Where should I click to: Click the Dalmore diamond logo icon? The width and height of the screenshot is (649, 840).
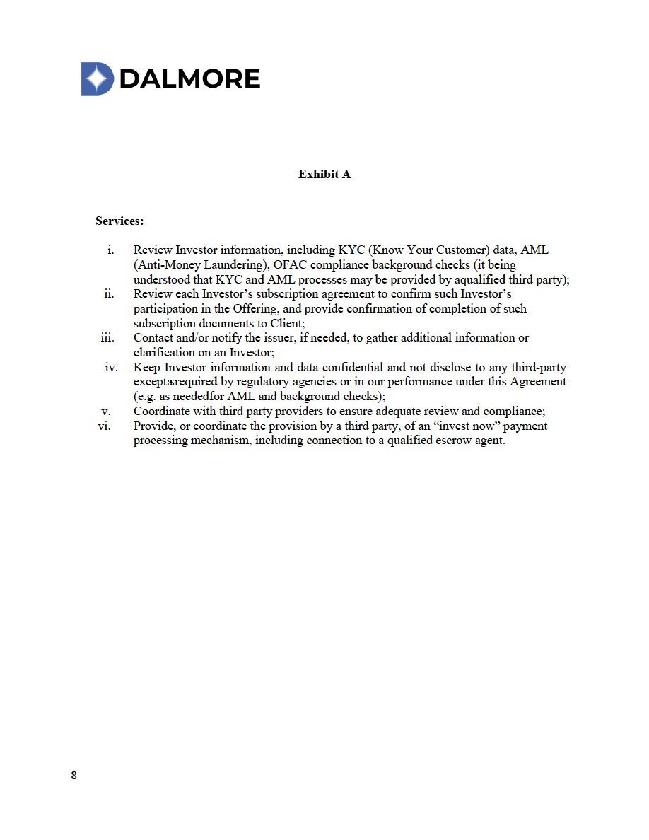[x=98, y=78]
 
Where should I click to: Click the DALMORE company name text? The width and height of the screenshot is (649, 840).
[x=189, y=78]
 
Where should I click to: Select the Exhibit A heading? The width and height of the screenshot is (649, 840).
[x=324, y=174]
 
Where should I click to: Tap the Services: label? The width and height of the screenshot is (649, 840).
[x=119, y=221]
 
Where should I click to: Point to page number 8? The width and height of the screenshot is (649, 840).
[x=74, y=776]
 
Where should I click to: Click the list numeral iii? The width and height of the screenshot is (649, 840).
[x=107, y=337]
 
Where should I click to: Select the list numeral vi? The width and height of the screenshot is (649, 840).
[x=105, y=426]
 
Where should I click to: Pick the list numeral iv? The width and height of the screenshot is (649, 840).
[x=111, y=367]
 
